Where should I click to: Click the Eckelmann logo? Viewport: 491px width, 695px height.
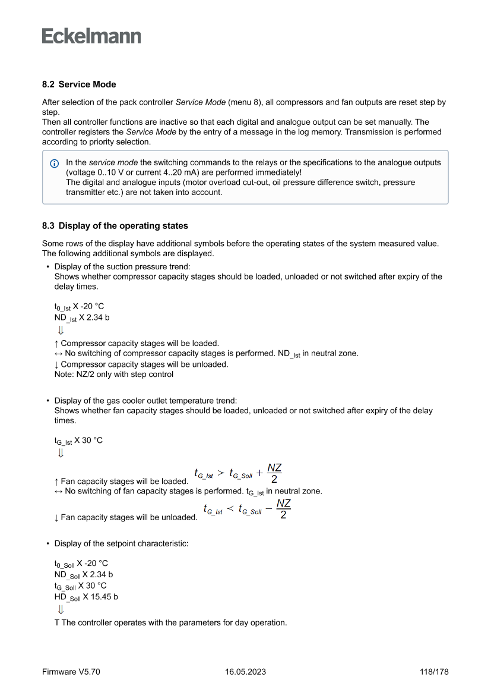coord(91,36)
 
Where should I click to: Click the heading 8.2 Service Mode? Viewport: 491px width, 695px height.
coord(79,84)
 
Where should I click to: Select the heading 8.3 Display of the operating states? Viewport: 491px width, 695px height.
coord(115,225)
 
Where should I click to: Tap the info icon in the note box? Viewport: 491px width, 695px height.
coord(55,163)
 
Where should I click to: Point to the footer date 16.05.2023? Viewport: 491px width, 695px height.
coord(245,672)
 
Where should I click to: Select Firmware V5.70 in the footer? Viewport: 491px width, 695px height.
coord(71,672)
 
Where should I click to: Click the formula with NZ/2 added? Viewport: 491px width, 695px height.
coord(238,474)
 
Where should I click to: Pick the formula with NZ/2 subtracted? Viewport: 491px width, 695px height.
coord(247,510)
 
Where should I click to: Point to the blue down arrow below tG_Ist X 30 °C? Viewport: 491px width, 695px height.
coord(61,454)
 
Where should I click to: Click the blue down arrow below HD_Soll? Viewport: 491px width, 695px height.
coord(61,610)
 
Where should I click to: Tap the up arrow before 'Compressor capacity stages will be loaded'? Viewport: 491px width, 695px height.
coord(56,343)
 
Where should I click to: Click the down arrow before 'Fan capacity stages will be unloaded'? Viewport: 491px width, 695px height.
coord(56,518)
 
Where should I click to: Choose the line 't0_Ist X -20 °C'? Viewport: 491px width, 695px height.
coord(79,307)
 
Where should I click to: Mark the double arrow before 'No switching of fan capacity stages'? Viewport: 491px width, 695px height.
coord(58,492)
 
